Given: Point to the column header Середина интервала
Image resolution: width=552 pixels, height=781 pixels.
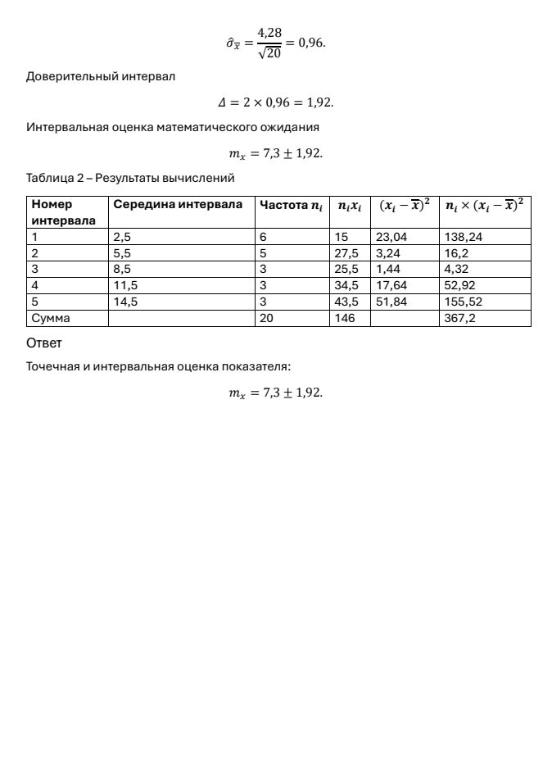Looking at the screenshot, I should (x=178, y=205).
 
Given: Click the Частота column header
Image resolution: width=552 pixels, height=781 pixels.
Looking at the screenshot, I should (x=290, y=205).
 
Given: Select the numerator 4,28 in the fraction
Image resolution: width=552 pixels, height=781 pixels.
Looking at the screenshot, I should (x=269, y=33).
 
